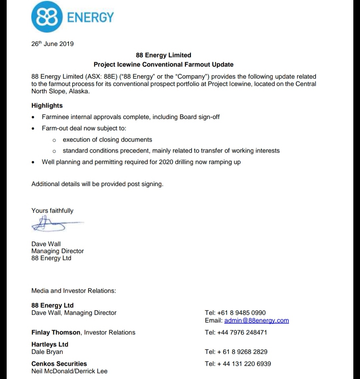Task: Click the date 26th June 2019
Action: (52, 44)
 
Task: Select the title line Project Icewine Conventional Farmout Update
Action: (163, 64)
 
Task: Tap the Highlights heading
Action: (47, 105)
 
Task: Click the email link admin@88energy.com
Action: (256, 321)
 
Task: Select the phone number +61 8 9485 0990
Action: (241, 313)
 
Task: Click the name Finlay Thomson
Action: (56, 332)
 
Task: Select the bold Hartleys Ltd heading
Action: (50, 344)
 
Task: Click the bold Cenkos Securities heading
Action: (59, 364)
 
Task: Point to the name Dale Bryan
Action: (47, 352)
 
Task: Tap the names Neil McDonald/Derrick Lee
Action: (69, 371)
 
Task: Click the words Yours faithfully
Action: (52, 211)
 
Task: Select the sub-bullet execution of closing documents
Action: (107, 139)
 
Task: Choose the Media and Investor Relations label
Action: (74, 291)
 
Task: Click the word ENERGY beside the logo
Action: (90, 17)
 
